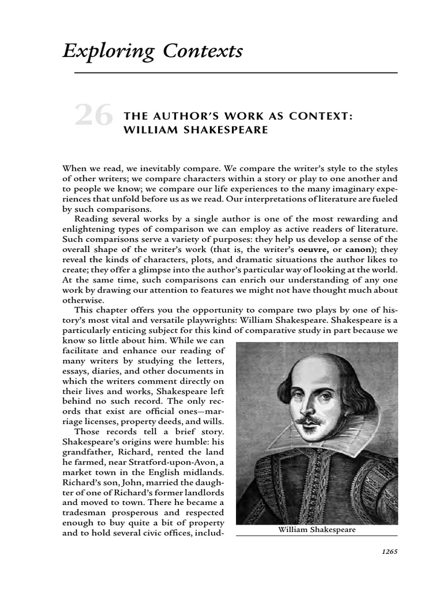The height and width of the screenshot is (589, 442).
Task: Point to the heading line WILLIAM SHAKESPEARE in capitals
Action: pyautogui.click(x=196, y=129)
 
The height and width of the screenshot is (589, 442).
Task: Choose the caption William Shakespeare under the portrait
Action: pyautogui.click(x=317, y=530)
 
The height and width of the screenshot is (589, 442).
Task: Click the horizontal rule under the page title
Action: pyautogui.click(x=230, y=73)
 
